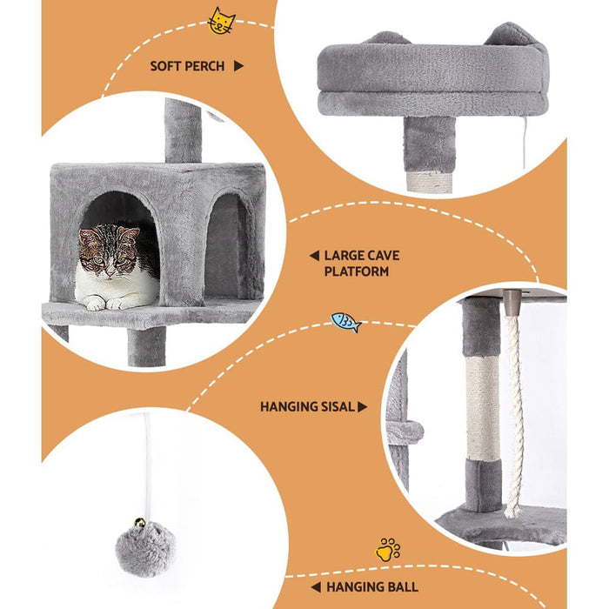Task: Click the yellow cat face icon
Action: (221, 21)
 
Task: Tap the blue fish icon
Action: (345, 322)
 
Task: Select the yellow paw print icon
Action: (388, 549)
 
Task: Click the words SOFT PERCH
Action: (187, 66)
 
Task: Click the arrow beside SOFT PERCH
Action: (238, 66)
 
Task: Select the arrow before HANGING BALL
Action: (315, 587)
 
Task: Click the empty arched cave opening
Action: (225, 248)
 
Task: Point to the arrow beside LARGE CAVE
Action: (313, 256)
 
